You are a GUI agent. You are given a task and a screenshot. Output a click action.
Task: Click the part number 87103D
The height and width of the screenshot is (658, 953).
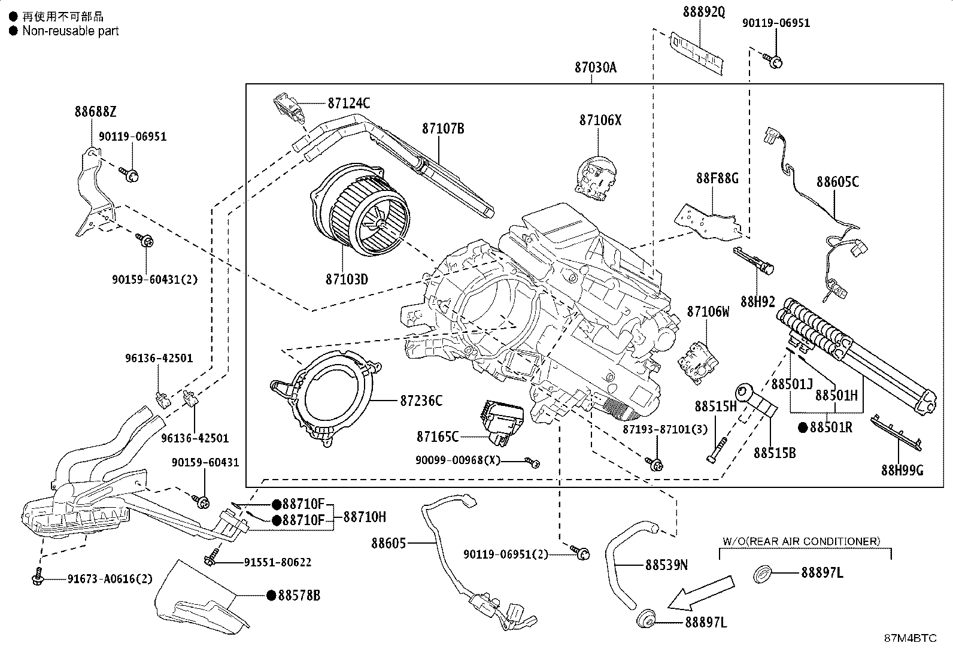coord(347,279)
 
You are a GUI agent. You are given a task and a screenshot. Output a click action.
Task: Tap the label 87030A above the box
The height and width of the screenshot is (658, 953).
coord(595,68)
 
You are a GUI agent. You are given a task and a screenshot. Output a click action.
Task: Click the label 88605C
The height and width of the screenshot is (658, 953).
coord(837,181)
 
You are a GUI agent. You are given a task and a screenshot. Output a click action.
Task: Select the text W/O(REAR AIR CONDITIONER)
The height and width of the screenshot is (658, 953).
coord(802,541)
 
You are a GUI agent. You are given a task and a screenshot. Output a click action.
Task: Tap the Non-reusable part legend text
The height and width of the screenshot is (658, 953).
coord(70,31)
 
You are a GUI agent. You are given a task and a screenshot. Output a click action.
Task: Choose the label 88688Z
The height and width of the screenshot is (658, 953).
coord(95,111)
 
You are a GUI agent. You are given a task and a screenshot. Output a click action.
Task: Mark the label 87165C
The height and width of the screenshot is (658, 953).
coord(438,436)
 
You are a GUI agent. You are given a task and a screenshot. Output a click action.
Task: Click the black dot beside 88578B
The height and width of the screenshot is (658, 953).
coord(271,595)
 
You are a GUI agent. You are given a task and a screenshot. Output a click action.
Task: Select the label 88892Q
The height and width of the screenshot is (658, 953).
coord(704,12)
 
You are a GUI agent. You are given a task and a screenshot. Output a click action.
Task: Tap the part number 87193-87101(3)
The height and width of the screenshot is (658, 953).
coord(665,429)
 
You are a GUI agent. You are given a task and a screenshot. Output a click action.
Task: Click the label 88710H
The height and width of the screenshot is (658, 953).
coord(365,517)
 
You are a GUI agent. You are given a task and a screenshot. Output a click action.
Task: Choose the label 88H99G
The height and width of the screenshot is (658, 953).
coord(902,470)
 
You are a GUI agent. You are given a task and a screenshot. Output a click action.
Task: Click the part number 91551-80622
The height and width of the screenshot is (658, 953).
coord(278,562)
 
